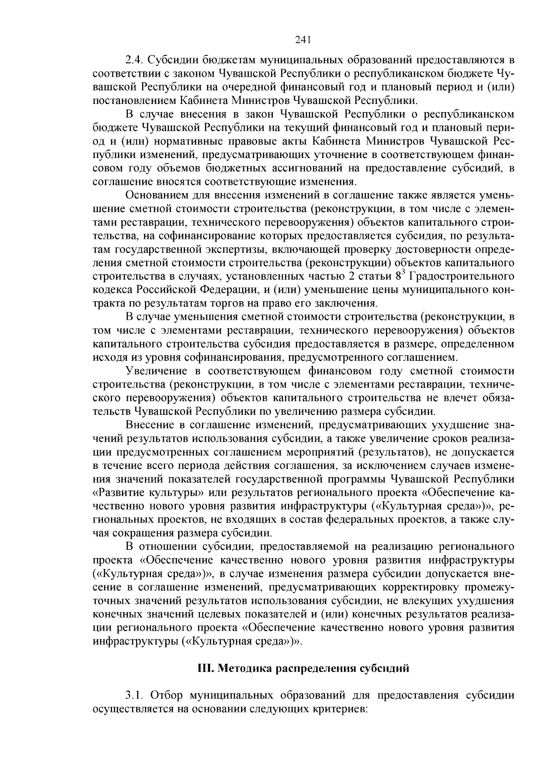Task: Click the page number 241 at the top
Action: coord(303,40)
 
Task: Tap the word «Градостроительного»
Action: coord(463,276)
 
